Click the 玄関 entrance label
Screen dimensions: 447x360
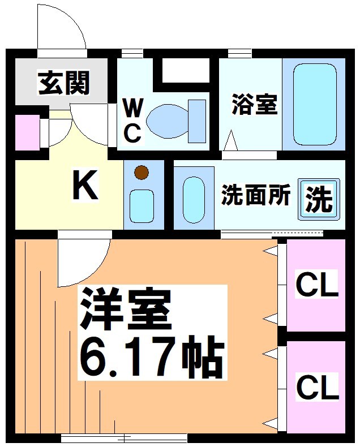(x=63, y=84)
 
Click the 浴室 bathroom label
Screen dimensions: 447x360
(x=254, y=105)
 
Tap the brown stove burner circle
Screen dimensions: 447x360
(x=142, y=172)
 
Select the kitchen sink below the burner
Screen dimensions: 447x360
(x=142, y=205)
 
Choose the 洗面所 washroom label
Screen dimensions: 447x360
(x=255, y=195)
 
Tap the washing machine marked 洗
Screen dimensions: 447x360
(x=319, y=198)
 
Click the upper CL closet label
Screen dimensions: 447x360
(x=316, y=285)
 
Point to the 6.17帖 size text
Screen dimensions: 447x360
(x=150, y=358)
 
